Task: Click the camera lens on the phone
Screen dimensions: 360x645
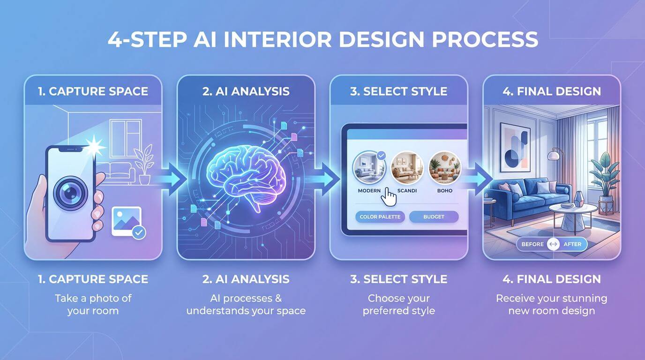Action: tap(70, 194)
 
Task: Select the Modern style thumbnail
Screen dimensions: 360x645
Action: tap(368, 168)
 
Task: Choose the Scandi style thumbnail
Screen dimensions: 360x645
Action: tap(407, 168)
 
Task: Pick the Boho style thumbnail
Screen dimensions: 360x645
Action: tap(445, 168)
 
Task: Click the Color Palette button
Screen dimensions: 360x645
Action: tap(380, 217)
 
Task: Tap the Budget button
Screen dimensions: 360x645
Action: tap(434, 217)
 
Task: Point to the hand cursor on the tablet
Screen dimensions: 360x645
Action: tap(388, 195)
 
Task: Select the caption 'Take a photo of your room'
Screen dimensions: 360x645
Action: tap(93, 304)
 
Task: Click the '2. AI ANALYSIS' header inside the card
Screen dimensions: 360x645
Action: tap(246, 91)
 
